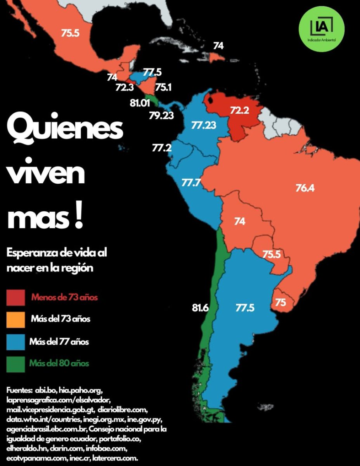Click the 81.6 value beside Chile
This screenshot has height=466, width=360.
pyautogui.click(x=200, y=308)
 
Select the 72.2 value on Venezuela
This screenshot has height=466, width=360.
pyautogui.click(x=239, y=111)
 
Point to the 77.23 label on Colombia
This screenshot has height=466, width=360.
pyautogui.click(x=204, y=125)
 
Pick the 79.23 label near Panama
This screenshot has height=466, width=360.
pyautogui.click(x=161, y=115)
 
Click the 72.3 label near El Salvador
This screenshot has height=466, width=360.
pyautogui.click(x=125, y=87)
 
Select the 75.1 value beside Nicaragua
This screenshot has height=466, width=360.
pyautogui.click(x=163, y=87)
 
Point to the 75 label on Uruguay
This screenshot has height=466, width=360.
pyautogui.click(x=281, y=303)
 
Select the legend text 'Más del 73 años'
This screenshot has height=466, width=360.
pyautogui.click(x=61, y=320)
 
